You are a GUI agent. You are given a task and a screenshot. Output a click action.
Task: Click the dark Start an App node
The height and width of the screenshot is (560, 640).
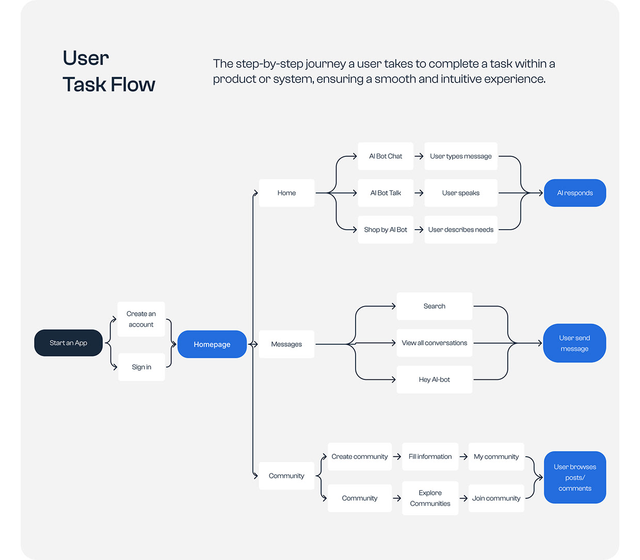pos(68,343)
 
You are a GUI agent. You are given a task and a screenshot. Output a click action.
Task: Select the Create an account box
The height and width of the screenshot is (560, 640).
pos(141,319)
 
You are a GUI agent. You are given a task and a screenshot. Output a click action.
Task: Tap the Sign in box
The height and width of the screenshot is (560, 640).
pos(141,367)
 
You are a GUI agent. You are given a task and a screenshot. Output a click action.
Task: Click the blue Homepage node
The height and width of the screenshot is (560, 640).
pos(212,344)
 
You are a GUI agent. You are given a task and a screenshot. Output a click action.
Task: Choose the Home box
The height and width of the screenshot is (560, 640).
pos(286,193)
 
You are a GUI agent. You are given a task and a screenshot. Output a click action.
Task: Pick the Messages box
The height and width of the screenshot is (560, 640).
pos(286,344)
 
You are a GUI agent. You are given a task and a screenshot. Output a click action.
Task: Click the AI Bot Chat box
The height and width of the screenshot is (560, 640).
pos(386,156)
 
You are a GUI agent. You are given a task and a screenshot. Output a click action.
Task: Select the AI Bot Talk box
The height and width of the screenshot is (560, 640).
pos(386,193)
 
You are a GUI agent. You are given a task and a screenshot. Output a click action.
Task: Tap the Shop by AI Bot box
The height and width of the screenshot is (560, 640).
pos(386,230)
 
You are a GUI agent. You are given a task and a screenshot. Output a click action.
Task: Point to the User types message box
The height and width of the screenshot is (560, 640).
pos(460,156)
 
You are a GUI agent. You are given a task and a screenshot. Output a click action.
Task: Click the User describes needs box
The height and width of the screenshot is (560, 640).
pos(460,230)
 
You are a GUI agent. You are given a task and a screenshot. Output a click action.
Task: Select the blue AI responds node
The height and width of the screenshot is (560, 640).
pos(574,193)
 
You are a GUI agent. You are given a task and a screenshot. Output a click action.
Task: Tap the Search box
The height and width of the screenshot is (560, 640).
pos(434,306)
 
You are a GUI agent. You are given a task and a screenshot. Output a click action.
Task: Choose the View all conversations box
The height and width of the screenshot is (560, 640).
pos(434,343)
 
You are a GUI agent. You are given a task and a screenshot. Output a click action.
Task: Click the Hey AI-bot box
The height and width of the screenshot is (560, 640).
pos(434,379)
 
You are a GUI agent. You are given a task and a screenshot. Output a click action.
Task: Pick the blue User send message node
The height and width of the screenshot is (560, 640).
pos(574,343)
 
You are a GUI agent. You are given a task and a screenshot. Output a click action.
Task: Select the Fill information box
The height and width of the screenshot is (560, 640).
pos(430,457)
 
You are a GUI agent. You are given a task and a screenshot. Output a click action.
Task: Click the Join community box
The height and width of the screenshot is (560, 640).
pos(496,498)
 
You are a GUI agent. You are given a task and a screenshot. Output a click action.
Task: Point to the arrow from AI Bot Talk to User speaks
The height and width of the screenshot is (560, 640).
pos(419,193)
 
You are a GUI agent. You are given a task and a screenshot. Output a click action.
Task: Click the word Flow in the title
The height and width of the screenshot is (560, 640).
pos(133,85)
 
